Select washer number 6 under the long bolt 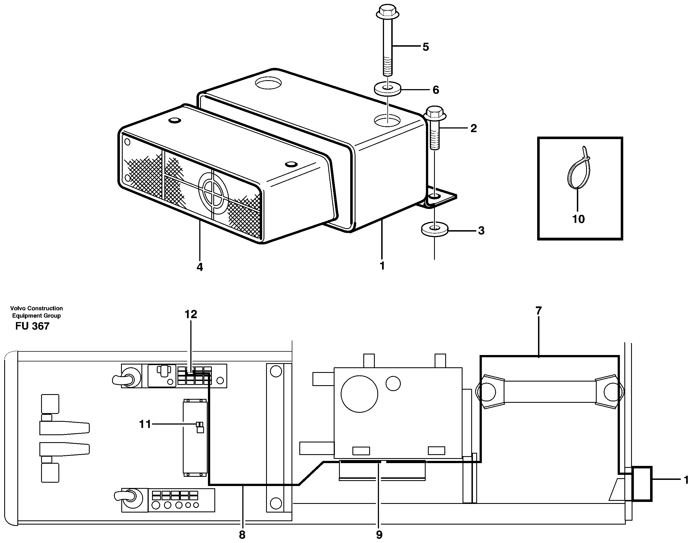pos(387,89)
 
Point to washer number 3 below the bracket pos(434,230)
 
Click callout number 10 pos(578,219)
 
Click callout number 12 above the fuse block pos(191,315)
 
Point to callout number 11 pos(145,424)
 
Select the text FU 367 pos(32,326)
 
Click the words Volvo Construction pos(36,308)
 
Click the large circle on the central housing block pos(359,394)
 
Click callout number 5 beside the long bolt pos(425,47)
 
